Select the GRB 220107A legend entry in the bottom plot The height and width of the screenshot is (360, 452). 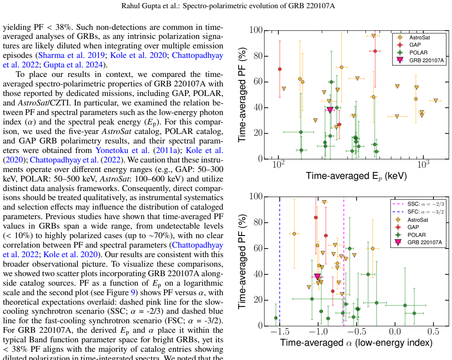point(418,242)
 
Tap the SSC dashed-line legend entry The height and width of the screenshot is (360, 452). point(418,204)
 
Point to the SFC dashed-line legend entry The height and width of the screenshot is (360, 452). point(418,212)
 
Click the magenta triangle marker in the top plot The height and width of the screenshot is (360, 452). point(330,110)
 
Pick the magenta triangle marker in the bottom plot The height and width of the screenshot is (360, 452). point(317,277)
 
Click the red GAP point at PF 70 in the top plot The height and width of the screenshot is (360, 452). point(280,69)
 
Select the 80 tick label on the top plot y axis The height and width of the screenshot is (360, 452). point(258,56)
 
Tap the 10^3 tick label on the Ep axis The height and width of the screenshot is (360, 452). point(423,165)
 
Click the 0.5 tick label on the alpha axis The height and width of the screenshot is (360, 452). point(433,332)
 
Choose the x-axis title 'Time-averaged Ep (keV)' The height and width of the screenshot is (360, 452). point(357,176)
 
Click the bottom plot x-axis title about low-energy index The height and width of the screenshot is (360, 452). point(357,343)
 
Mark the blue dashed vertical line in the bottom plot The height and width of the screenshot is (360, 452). point(280,261)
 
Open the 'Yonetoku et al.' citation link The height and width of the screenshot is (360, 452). point(123,150)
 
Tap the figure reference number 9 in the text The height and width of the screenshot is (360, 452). point(133,293)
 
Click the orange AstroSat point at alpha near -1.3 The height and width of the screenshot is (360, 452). point(294,234)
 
